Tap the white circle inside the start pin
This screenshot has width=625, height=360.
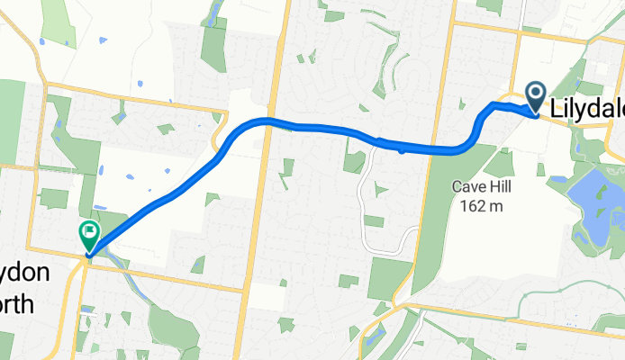(535, 92)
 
